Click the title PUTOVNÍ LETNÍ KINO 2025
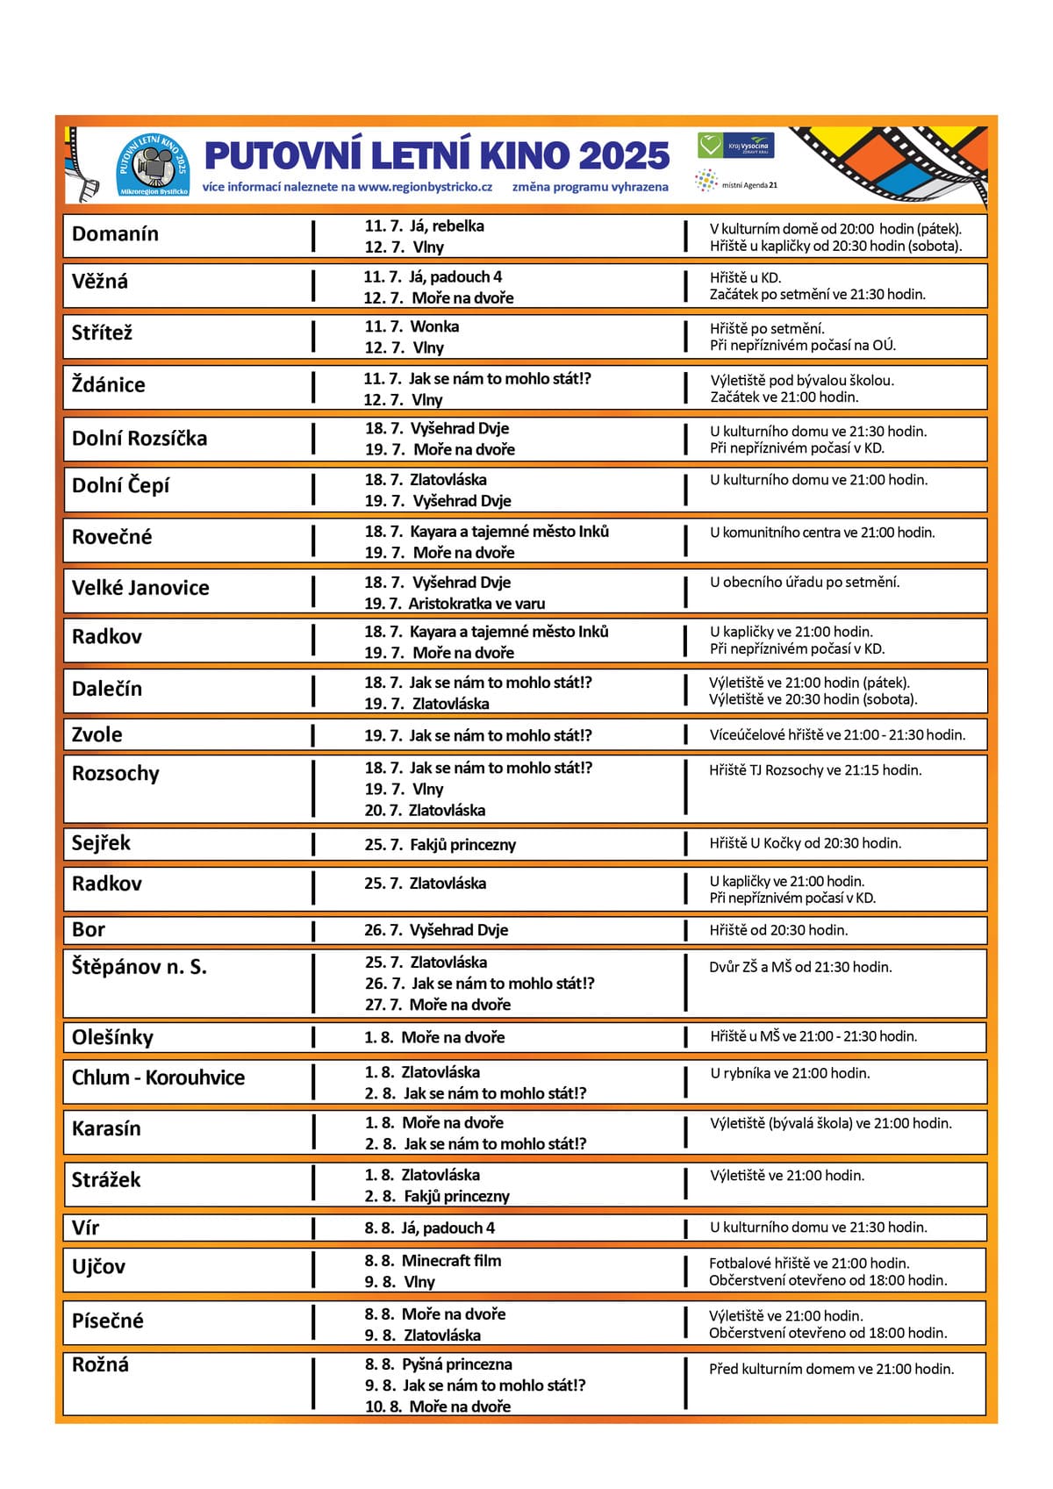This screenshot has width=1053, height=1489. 437,156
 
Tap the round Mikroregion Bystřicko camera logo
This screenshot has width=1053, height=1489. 154,164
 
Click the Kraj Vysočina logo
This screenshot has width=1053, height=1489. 736,146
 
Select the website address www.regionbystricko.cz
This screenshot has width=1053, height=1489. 425,187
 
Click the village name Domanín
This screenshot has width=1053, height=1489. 115,234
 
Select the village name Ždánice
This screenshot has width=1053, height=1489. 109,385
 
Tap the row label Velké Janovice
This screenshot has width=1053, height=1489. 140,588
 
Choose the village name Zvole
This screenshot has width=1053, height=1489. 97,735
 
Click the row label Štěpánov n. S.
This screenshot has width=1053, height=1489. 140,967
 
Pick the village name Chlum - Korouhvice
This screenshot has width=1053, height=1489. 158,1077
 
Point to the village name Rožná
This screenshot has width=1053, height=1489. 100,1365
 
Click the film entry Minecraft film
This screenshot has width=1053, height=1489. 451,1261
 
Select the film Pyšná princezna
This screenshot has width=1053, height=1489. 456,1364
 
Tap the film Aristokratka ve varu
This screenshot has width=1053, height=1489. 476,604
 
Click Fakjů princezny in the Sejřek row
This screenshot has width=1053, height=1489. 462,845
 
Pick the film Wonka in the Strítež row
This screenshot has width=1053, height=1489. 434,326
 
